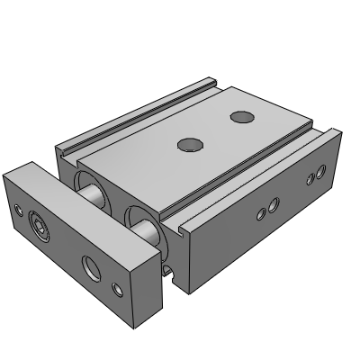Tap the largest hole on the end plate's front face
tap(92, 266)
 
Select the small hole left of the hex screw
tap(20, 211)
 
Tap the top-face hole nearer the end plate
tap(187, 144)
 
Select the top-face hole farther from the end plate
tap(240, 116)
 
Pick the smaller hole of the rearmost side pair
tap(310, 178)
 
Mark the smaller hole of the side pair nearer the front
tap(261, 213)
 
